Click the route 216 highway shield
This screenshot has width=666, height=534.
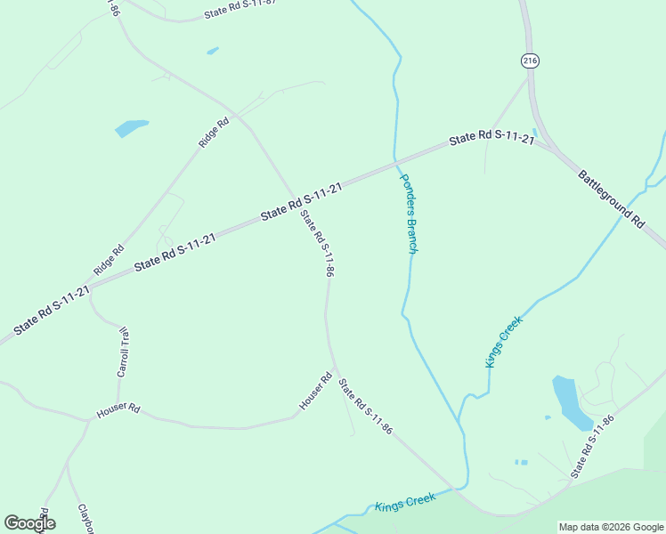click(x=531, y=61)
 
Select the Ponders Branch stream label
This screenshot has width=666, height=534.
click(x=408, y=214)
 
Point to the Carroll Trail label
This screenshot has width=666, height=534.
click(x=124, y=352)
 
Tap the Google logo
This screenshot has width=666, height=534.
click(x=29, y=523)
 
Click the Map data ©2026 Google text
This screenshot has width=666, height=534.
click(x=610, y=527)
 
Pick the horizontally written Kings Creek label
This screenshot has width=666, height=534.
click(x=405, y=503)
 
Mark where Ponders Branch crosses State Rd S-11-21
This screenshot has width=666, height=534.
click(x=395, y=162)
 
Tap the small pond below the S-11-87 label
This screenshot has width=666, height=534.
click(x=213, y=51)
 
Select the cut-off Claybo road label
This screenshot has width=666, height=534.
click(x=86, y=519)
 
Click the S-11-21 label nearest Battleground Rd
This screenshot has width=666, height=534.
click(x=491, y=139)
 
